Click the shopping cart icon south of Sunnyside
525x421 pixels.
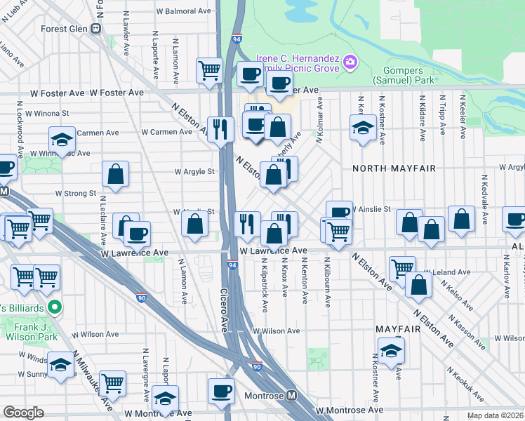(x=112, y=382)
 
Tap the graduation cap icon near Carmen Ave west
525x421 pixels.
(x=62, y=138)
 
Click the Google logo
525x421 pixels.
(x=23, y=413)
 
